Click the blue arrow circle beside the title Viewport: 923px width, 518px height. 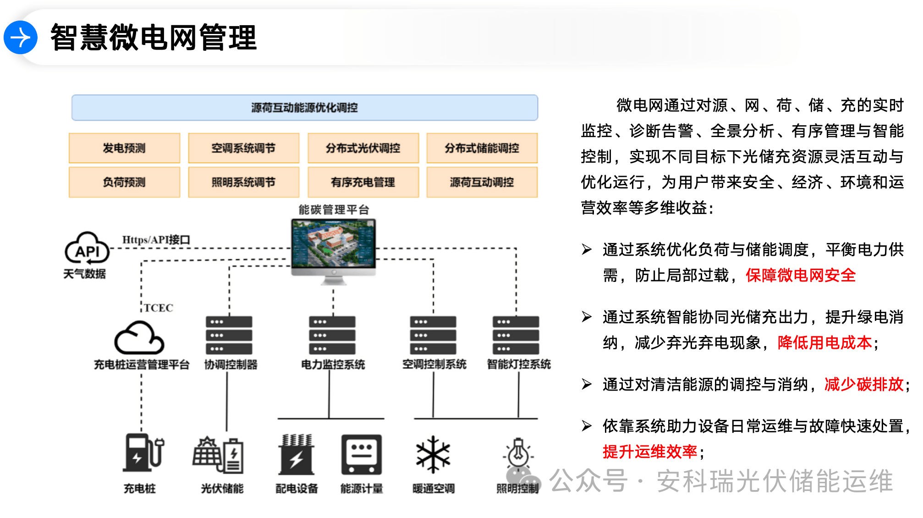pyautogui.click(x=21, y=38)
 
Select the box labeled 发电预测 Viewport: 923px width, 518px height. pyautogui.click(x=124, y=148)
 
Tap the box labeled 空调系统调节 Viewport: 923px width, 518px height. pyautogui.click(x=243, y=148)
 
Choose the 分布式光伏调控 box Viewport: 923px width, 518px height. pyautogui.click(x=363, y=148)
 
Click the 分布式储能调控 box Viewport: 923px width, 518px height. pyautogui.click(x=482, y=148)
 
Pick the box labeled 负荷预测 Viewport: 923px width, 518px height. pyautogui.click(x=124, y=182)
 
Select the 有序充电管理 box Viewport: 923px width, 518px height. pyautogui.click(x=363, y=182)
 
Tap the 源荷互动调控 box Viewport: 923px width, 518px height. pyautogui.click(x=482, y=182)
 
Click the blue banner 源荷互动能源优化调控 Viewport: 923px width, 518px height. pyautogui.click(x=304, y=108)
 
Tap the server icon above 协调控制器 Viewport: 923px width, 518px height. pyautogui.click(x=229, y=335)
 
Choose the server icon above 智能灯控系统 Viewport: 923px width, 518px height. pyautogui.click(x=516, y=335)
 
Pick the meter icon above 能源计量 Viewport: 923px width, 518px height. pyautogui.click(x=361, y=454)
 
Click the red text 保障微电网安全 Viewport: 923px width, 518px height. pyautogui.click(x=800, y=276)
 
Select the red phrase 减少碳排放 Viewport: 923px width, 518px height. pyautogui.click(x=863, y=384)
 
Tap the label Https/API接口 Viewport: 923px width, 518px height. pyautogui.click(x=156, y=240)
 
